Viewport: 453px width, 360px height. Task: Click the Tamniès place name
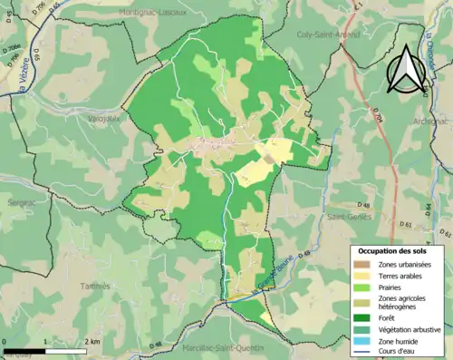(95, 285)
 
